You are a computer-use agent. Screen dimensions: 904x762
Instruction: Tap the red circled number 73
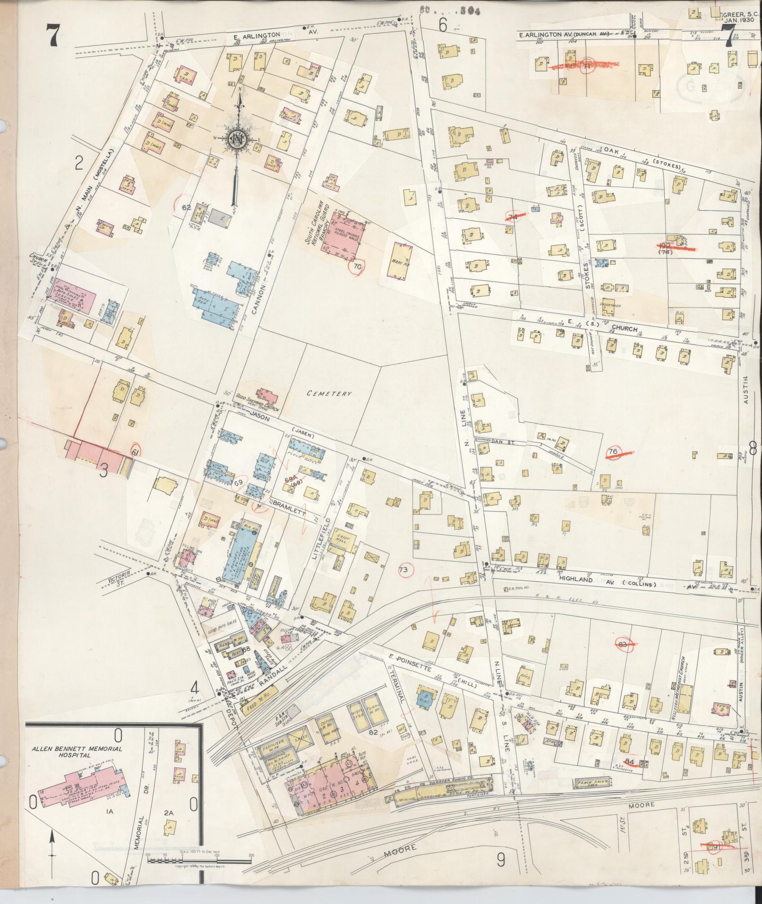(403, 570)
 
